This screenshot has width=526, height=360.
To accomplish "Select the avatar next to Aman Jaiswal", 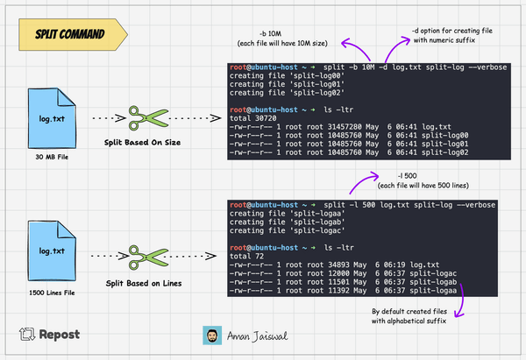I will point(211,335).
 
